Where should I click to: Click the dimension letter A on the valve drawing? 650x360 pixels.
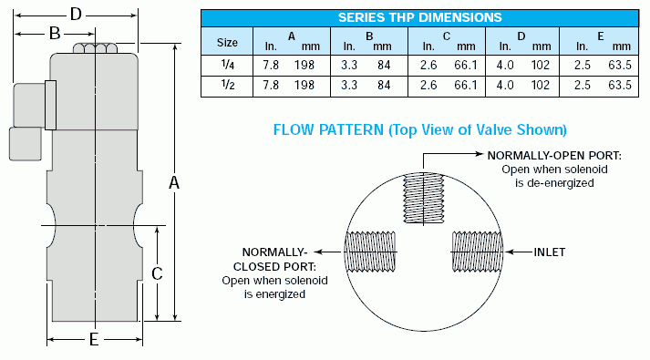[x=174, y=182]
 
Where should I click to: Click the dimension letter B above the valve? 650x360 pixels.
[x=54, y=34]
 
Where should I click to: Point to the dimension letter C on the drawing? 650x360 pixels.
[x=157, y=273]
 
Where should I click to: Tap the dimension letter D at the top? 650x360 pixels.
[x=77, y=14]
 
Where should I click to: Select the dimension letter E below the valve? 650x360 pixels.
[x=93, y=340]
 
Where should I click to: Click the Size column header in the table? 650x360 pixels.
[x=227, y=42]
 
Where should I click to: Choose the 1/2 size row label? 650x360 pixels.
[x=227, y=85]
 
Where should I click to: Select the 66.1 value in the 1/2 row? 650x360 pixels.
[x=466, y=85]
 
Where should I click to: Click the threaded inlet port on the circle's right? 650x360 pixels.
[x=478, y=251]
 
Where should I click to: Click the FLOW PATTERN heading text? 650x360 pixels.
[x=420, y=129]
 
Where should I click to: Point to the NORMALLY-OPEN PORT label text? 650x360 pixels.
[x=554, y=156]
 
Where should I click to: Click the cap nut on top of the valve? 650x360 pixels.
[x=93, y=49]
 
